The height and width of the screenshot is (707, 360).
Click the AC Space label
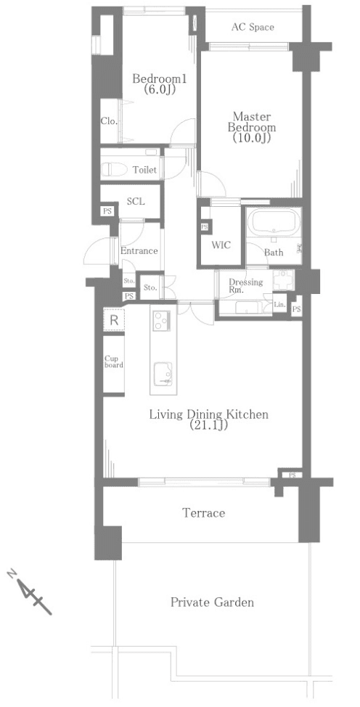(253, 28)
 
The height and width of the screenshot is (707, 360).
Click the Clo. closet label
(109, 120)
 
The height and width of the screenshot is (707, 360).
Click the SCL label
(135, 202)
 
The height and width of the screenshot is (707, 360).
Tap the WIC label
(221, 245)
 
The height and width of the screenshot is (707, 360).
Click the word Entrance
(139, 250)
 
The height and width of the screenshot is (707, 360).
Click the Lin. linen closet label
(279, 305)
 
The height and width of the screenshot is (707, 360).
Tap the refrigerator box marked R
(114, 321)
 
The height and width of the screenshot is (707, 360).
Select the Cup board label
(114, 361)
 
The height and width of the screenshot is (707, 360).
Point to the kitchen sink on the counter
(163, 374)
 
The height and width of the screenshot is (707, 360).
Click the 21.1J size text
(208, 425)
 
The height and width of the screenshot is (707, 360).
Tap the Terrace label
(203, 512)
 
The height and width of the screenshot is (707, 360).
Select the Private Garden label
(212, 602)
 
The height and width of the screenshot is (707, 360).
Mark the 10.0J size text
(252, 138)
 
